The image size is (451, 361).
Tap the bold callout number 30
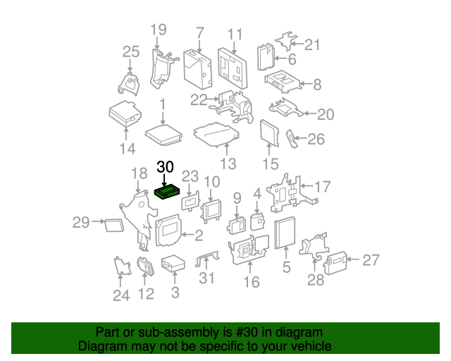tap(165, 167)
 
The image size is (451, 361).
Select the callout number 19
tap(158, 30)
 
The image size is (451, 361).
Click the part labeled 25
tap(129, 82)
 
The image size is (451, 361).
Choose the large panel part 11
tap(233, 65)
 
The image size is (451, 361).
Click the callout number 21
tap(311, 45)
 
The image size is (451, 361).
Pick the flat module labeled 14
tap(125, 114)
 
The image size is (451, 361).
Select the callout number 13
tap(228, 164)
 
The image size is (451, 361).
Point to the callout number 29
tap(81, 224)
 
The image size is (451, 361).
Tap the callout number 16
tap(251, 282)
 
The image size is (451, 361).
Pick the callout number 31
tap(206, 278)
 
